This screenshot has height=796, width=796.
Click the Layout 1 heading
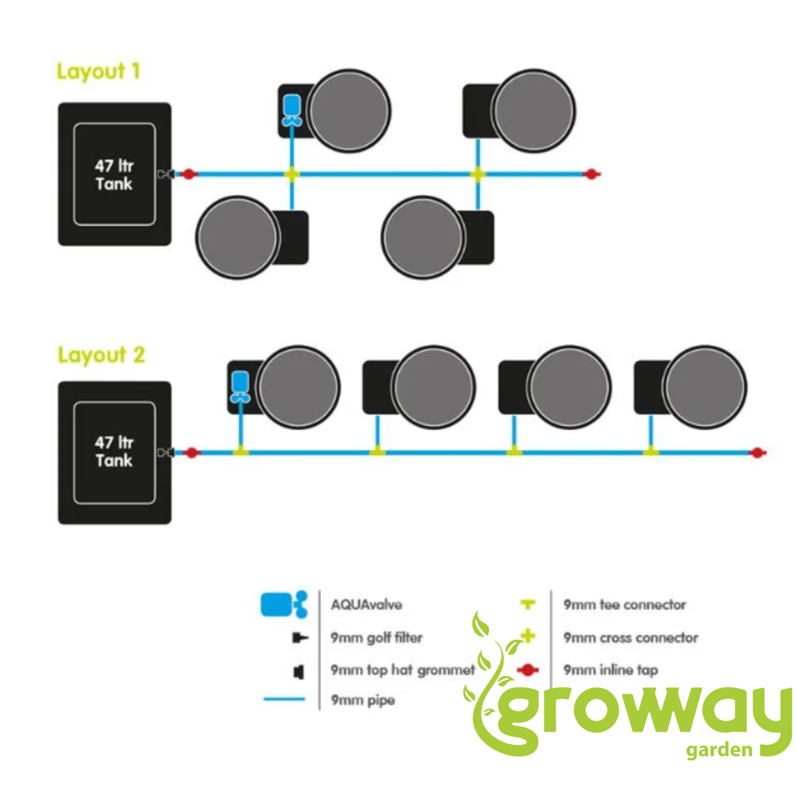[x=98, y=72]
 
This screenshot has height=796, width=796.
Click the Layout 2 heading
[x=101, y=355]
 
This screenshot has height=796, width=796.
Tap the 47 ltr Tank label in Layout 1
[x=114, y=175]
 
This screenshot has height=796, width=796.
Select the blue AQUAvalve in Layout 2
[x=241, y=387]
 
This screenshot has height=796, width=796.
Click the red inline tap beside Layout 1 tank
[x=189, y=174]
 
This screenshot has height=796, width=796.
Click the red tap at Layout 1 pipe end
[x=592, y=174]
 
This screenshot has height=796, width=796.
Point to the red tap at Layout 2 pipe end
[x=758, y=453]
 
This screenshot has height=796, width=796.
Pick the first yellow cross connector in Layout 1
[x=292, y=174]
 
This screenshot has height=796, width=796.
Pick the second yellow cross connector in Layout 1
[x=478, y=174]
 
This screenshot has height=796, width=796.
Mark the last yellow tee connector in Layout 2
[x=651, y=451]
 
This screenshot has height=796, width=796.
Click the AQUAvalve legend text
[x=367, y=605]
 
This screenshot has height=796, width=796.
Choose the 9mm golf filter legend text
[x=377, y=638]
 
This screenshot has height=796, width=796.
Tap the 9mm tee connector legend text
[x=625, y=605]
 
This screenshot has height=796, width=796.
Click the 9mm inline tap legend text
[x=611, y=670]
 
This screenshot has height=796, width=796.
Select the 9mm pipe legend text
[x=363, y=700]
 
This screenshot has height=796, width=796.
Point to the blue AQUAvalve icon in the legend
[x=285, y=604]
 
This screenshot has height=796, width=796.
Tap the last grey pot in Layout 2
[x=705, y=387]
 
